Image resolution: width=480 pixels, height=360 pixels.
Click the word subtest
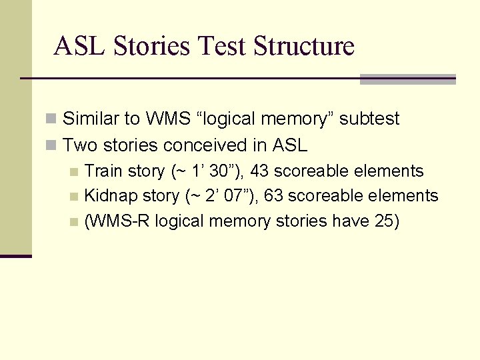pos(369,119)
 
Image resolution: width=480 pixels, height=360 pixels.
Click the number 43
pos(259,171)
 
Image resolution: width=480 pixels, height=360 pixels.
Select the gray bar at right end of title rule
pos(407,79)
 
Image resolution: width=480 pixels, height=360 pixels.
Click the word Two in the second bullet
pos(79,145)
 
